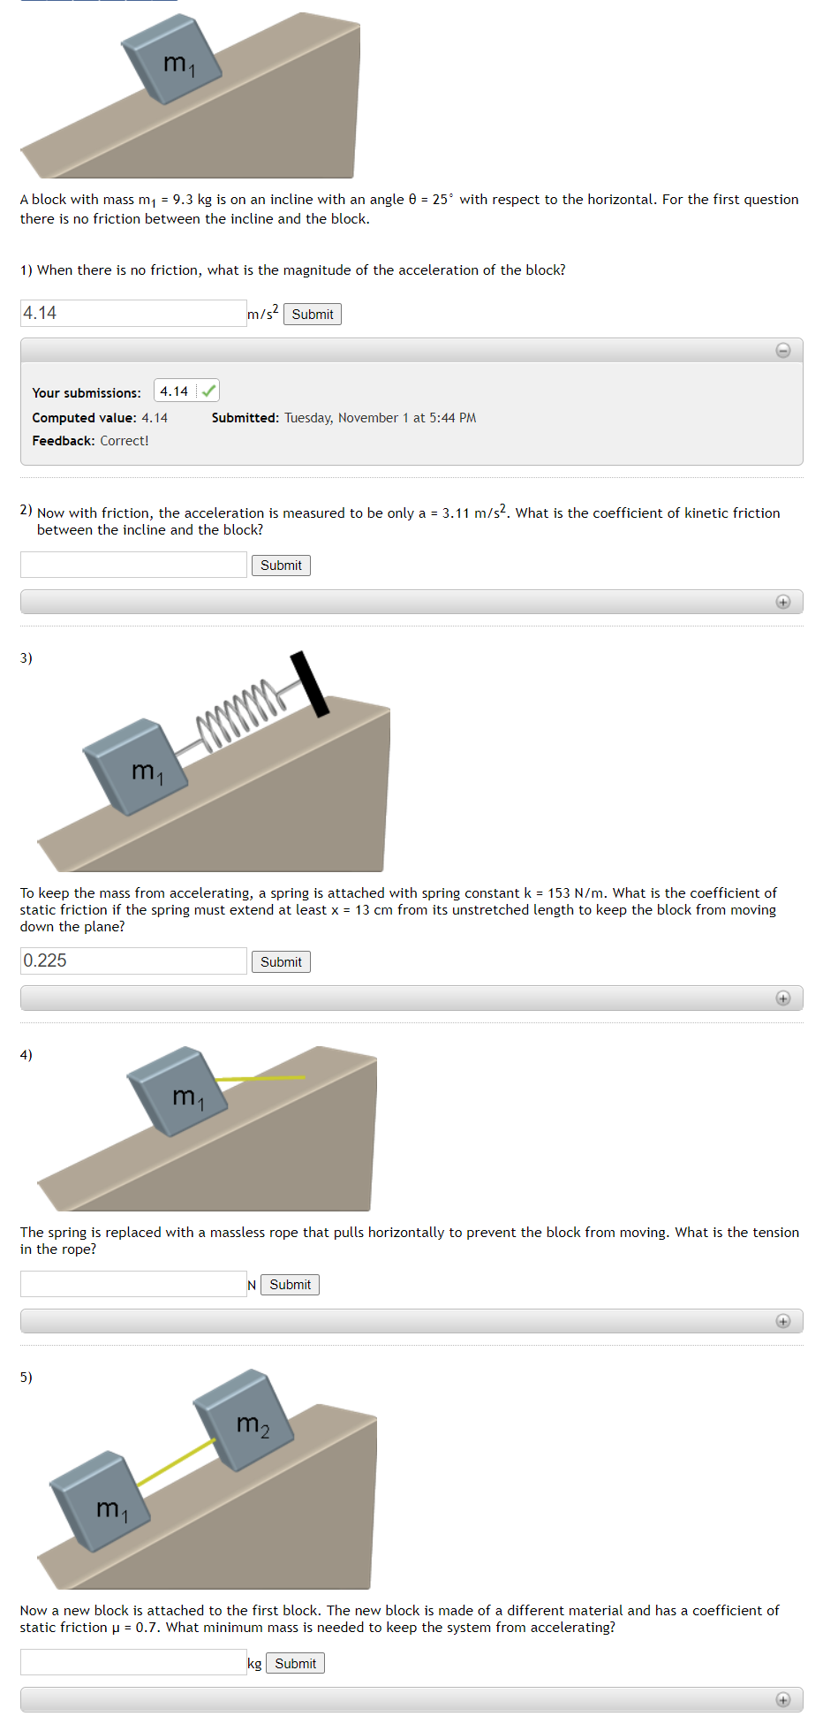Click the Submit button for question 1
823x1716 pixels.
[312, 315]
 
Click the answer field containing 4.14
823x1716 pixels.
[132, 313]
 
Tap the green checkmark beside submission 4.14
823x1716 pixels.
[208, 391]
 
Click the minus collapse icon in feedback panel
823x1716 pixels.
[782, 351]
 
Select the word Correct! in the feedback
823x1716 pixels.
[124, 441]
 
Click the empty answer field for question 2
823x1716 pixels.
[132, 565]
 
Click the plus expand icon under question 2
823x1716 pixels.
[782, 602]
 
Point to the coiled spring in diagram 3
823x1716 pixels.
[238, 715]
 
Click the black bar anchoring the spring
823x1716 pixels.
[310, 684]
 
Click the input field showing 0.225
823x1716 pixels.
[132, 961]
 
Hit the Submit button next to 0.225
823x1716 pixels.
[281, 962]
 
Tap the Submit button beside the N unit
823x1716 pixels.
[290, 1285]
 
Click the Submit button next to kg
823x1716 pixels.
[295, 1664]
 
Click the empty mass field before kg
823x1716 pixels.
[132, 1663]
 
